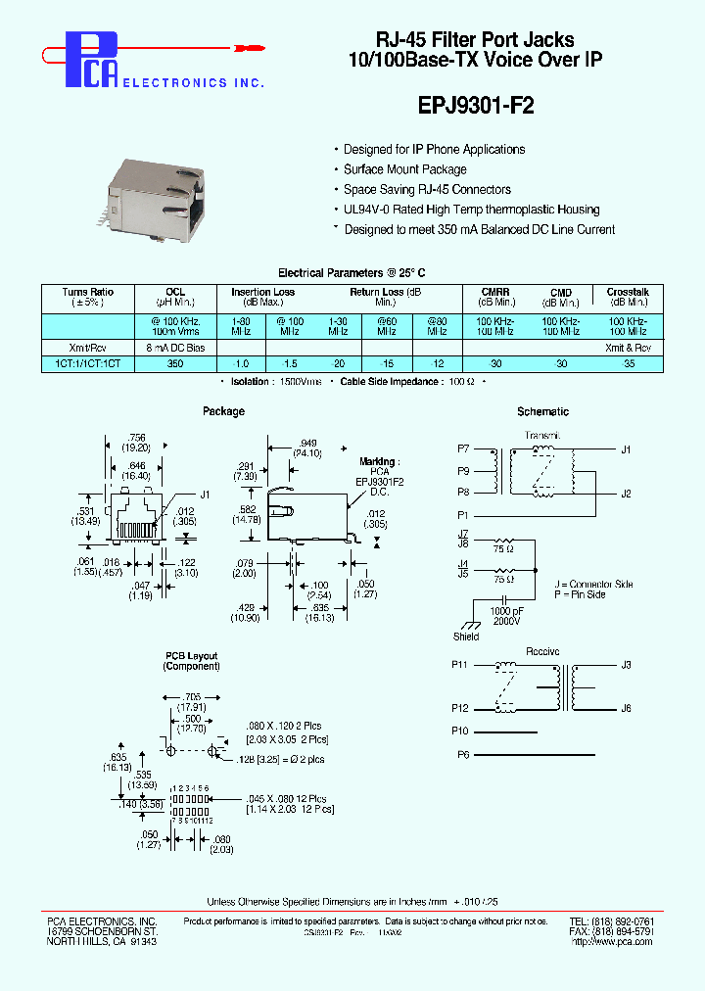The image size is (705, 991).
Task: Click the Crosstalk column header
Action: pyautogui.click(x=627, y=292)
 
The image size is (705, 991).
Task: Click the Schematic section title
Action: pyautogui.click(x=542, y=412)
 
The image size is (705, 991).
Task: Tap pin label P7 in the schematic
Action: pyautogui.click(x=463, y=448)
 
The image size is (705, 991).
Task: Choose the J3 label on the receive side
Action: pyautogui.click(x=626, y=665)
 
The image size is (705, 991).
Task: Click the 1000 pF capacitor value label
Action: pyautogui.click(x=506, y=610)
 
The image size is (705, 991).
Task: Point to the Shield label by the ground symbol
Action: pyautogui.click(x=466, y=637)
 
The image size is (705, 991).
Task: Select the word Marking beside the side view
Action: pyautogui.click(x=377, y=461)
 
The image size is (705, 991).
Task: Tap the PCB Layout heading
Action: pyautogui.click(x=191, y=656)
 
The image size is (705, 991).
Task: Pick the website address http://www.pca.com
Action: pyautogui.click(x=613, y=941)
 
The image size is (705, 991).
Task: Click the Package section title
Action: pyautogui.click(x=223, y=411)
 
